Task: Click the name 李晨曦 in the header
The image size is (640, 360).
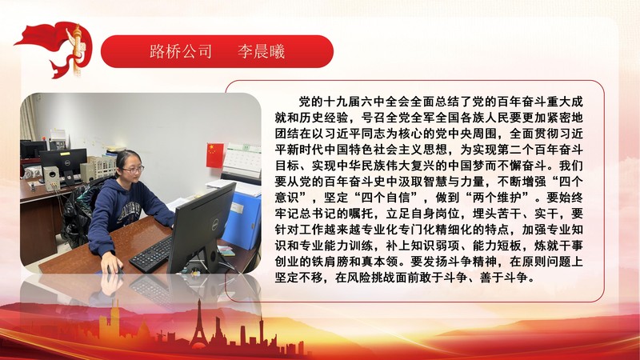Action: coord(261,52)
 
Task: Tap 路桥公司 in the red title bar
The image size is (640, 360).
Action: coord(181,52)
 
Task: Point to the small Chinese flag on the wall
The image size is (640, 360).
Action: coord(214,154)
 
